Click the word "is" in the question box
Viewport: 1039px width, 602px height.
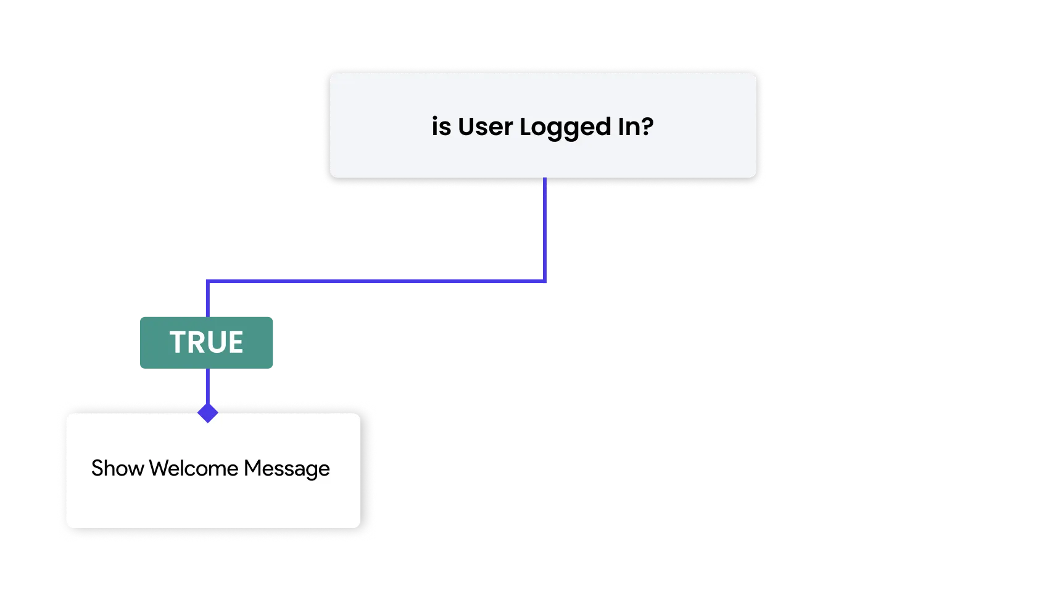pos(441,126)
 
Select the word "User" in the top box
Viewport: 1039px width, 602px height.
pos(485,126)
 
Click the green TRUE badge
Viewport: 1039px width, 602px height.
pos(207,343)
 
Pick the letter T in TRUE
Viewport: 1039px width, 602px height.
pos(178,342)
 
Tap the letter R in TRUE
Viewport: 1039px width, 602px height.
pos(196,342)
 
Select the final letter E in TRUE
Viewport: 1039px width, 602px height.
pos(235,342)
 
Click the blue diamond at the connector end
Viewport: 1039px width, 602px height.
pos(208,413)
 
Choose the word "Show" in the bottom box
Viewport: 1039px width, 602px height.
pos(117,468)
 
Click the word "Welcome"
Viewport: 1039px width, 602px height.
pos(194,468)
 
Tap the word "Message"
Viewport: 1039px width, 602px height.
pos(287,469)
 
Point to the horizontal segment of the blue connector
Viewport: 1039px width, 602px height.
pos(376,281)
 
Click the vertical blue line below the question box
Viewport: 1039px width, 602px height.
pos(545,229)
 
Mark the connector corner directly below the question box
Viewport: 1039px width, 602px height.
pos(545,281)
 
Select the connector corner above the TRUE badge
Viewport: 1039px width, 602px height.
pos(208,281)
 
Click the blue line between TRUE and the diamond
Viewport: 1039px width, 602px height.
pos(208,386)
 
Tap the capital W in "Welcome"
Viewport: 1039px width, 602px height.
pos(160,468)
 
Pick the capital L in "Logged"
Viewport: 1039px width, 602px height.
pos(526,126)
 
